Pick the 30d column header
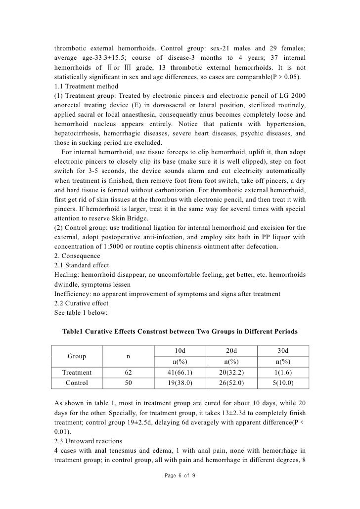coord(283,350)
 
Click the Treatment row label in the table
coord(76,372)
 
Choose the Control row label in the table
coord(76,382)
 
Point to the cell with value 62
coord(129,372)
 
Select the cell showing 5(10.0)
coord(283,382)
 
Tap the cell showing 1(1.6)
coord(283,372)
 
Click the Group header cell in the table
coord(76,356)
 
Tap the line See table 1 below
coord(80,312)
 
